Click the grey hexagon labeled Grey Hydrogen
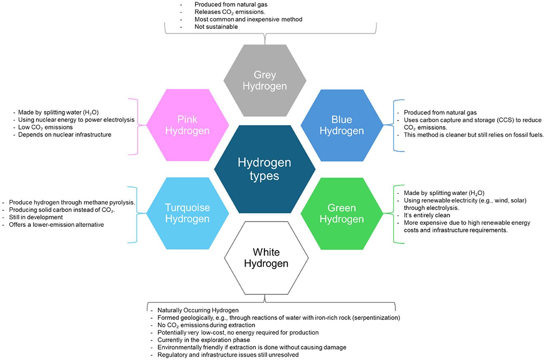265,81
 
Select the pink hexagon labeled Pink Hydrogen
188,125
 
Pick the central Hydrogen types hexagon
265,169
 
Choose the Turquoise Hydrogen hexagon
188,213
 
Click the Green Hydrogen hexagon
342,213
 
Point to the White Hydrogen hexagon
265,256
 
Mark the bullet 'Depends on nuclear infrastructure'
65,134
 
